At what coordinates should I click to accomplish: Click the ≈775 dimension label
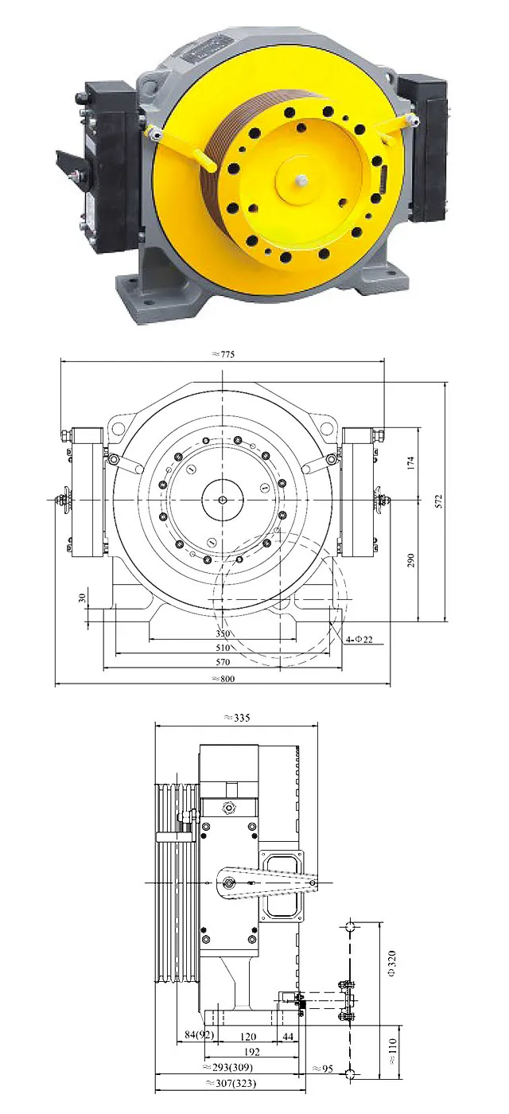pyautogui.click(x=223, y=353)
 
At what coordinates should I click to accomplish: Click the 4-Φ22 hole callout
pyautogui.click(x=359, y=639)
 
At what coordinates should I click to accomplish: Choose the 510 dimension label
pyautogui.click(x=223, y=649)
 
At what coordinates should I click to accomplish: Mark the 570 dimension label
pyautogui.click(x=223, y=662)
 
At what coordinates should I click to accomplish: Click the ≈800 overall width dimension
pyautogui.click(x=223, y=678)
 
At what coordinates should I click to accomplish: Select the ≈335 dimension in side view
pyautogui.click(x=237, y=717)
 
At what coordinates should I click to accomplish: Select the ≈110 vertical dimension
pyautogui.click(x=391, y=1050)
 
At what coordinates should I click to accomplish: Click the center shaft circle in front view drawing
pyautogui.click(x=223, y=500)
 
